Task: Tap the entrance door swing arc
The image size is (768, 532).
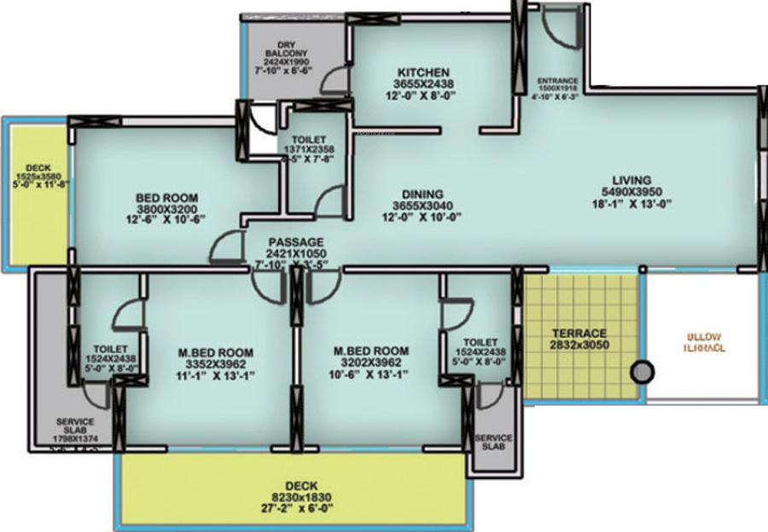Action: coord(560,36)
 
